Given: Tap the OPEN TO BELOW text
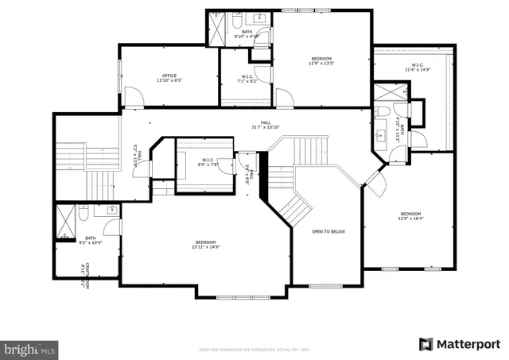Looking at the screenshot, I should [328, 231].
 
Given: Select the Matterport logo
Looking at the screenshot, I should [459, 343].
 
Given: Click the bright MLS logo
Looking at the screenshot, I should [29, 348].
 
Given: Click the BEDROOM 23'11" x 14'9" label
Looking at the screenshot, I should [206, 244].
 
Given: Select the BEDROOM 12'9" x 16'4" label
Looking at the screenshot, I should [410, 216].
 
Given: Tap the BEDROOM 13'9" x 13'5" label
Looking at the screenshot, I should [321, 60].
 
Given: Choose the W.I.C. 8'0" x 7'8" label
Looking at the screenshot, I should [209, 162].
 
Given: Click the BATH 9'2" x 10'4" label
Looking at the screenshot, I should [91, 240].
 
